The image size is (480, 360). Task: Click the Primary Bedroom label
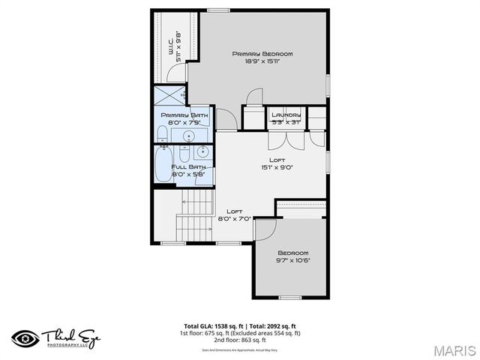(262, 54)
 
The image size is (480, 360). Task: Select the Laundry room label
(286, 115)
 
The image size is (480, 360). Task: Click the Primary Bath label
(184, 115)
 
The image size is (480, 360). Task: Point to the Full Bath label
(188, 167)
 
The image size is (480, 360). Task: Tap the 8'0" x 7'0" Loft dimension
(234, 218)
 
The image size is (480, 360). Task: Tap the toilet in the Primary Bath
(161, 134)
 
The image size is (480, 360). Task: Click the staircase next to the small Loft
(194, 214)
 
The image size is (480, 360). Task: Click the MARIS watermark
(454, 350)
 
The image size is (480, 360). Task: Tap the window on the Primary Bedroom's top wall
(217, 10)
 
